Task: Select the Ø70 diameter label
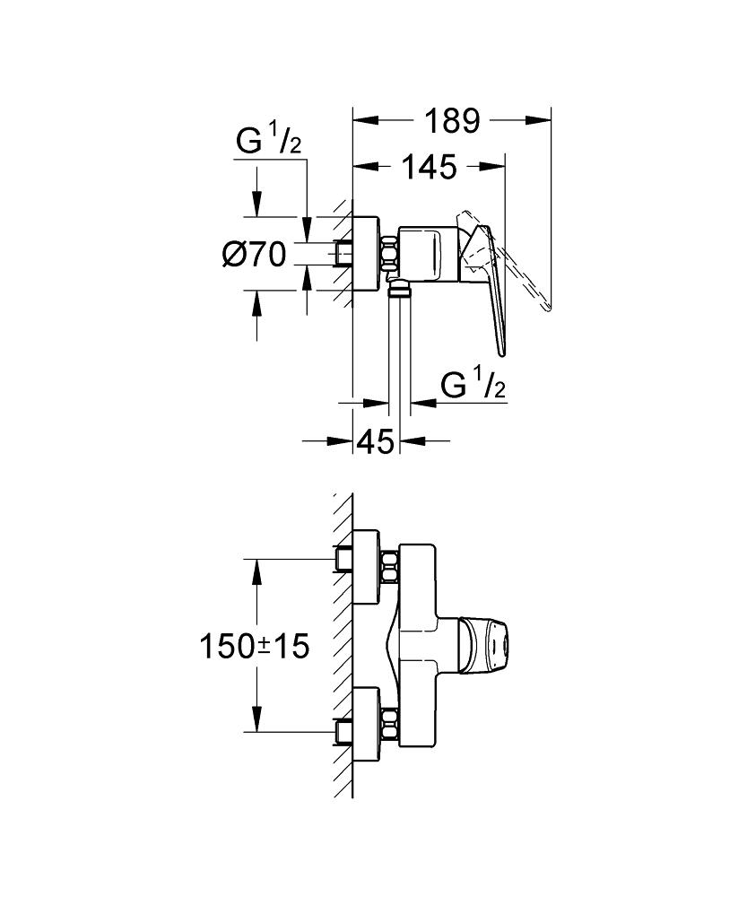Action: (253, 256)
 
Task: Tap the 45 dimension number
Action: (376, 441)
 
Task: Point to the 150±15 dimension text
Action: (254, 645)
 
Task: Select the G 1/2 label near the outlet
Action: (473, 386)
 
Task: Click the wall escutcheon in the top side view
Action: (365, 255)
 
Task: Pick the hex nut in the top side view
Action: (389, 254)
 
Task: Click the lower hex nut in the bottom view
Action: (389, 723)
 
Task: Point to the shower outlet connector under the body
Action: (398, 288)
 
